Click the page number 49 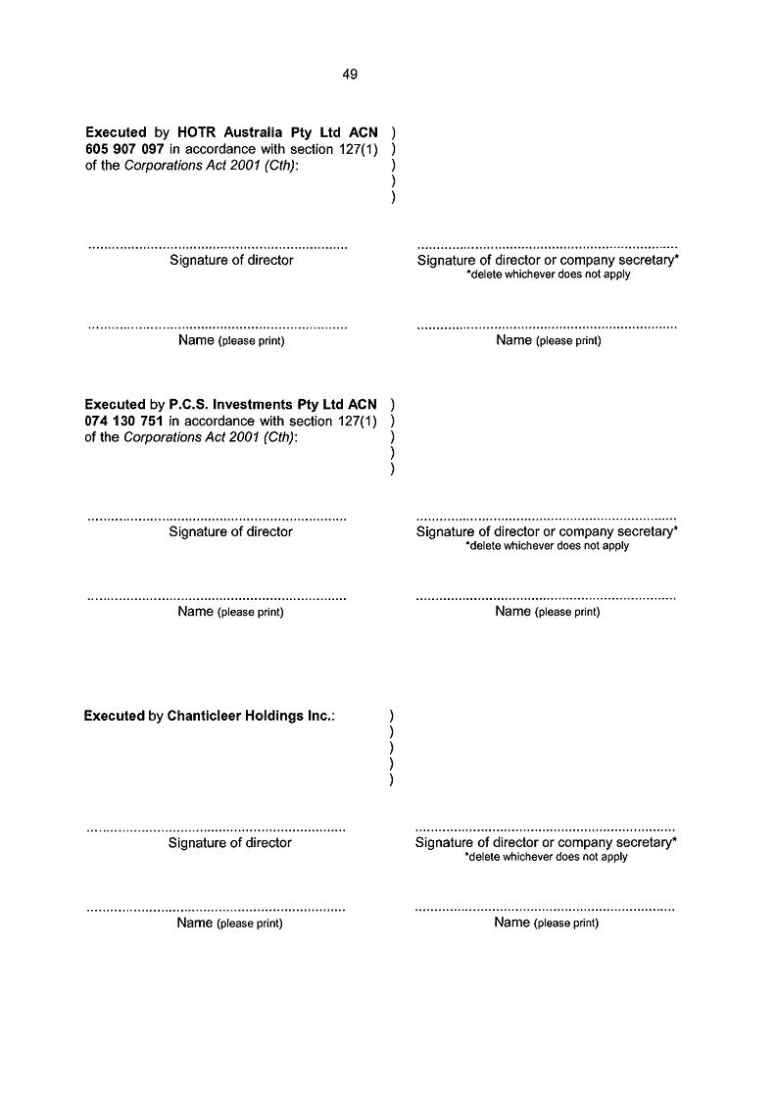point(350,74)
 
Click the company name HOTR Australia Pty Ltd point(276,131)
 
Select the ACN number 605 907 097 point(124,148)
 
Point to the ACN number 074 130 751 point(124,421)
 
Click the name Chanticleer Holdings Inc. point(250,716)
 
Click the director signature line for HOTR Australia point(218,246)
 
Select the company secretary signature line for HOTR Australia point(547,245)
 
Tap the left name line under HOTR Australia point(218,326)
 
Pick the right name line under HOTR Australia point(547,325)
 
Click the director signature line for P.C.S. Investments point(217,518)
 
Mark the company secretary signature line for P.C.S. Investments point(546,517)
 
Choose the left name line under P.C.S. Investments point(217,597)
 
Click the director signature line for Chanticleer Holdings point(217,829)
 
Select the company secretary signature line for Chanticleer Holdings point(545,828)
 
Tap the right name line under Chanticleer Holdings point(545,909)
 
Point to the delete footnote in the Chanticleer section point(546,857)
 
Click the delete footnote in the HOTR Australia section point(548,275)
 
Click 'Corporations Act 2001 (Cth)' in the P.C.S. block point(211,437)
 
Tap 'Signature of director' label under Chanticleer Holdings point(230,843)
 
